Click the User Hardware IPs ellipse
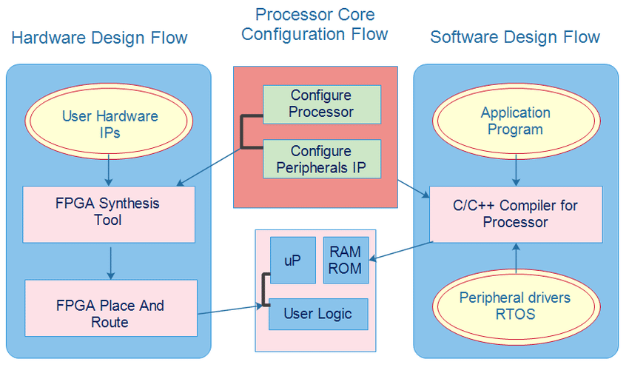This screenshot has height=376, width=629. pos(110,124)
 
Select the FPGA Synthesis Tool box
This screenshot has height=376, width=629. pos(109,213)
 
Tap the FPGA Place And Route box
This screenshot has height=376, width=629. pos(110,314)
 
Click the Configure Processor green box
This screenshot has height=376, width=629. pos(321,104)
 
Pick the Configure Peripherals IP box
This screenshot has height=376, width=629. pos(321,159)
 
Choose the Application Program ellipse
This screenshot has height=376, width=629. pos(515,121)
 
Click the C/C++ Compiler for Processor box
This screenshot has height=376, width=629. pos(515,214)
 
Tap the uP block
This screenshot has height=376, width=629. pos(292,260)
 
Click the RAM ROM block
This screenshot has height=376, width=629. pos(345,260)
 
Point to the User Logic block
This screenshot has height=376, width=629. pos(317,314)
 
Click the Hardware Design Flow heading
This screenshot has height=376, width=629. pos(100,38)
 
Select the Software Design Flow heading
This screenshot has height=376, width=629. pos(515,37)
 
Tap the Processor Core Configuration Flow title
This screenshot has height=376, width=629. pos(314,24)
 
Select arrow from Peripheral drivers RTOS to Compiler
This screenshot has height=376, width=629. pos(516,257)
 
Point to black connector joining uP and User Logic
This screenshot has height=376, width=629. pos(263,290)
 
